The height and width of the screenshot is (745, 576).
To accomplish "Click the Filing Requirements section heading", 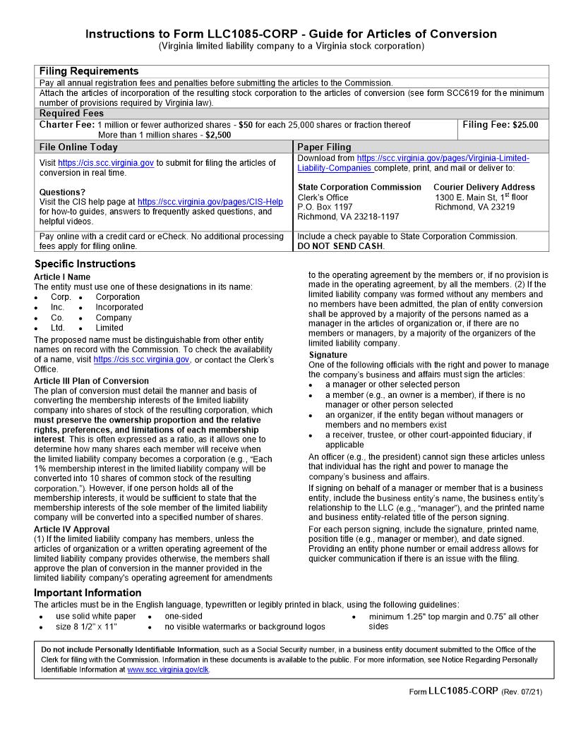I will pyautogui.click(x=89, y=71).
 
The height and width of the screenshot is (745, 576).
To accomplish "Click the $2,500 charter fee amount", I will pyautogui.click(x=218, y=135).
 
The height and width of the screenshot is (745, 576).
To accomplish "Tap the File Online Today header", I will pyautogui.click(x=78, y=147).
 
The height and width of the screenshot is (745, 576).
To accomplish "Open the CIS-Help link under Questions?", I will pyautogui.click(x=210, y=202).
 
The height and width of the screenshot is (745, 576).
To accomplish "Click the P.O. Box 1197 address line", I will pyautogui.click(x=325, y=207).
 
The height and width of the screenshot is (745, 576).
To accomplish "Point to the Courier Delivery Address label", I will pyautogui.click(x=484, y=187).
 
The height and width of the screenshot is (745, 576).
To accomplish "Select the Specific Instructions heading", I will pyautogui.click(x=84, y=264).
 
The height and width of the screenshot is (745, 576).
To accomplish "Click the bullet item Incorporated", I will pyautogui.click(x=119, y=307).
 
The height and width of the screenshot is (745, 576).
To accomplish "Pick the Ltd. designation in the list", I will pyautogui.click(x=58, y=327).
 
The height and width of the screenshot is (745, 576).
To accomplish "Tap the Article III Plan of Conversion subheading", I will pyautogui.click(x=91, y=381).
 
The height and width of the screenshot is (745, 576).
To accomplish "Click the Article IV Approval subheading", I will pyautogui.click(x=71, y=529).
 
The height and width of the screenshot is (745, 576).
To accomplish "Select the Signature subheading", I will pyautogui.click(x=328, y=355).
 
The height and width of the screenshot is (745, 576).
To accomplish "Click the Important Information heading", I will pyautogui.click(x=88, y=593).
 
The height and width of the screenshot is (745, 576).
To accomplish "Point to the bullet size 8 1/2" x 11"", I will pyautogui.click(x=86, y=626).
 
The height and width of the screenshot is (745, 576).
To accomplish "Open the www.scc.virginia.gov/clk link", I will pyautogui.click(x=168, y=670).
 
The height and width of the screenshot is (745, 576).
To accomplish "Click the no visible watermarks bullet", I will pyautogui.click(x=245, y=626).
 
